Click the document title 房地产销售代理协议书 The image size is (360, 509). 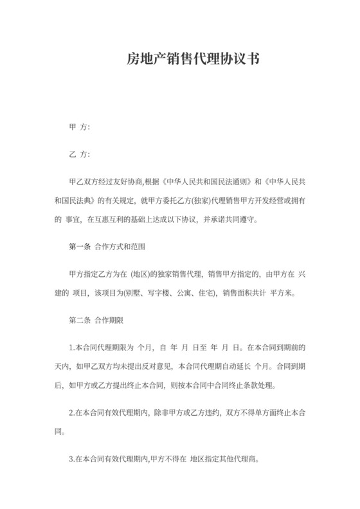[x=192, y=60]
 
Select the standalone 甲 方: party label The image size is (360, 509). [x=79, y=127]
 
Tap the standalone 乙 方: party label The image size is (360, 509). [x=79, y=155]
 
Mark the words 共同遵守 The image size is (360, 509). [x=241, y=219]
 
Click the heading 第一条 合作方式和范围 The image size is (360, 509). [x=109, y=247]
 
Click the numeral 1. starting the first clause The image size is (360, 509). [x=71, y=348]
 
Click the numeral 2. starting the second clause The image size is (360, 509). [x=71, y=412]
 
